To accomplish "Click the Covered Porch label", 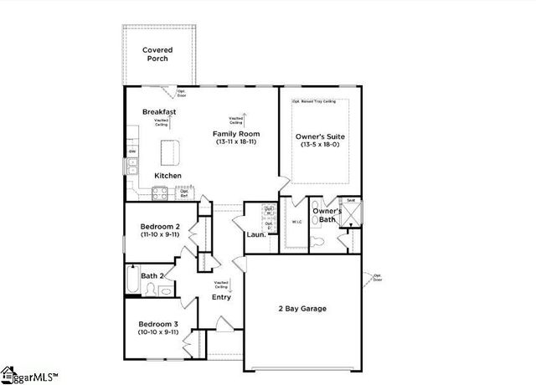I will pyautogui.click(x=157, y=54).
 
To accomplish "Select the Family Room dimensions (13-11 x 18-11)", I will pyautogui.click(x=235, y=143).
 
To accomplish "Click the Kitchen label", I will pyautogui.click(x=167, y=176).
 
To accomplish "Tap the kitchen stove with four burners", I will pyautogui.click(x=159, y=193).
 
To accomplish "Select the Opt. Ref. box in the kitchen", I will pyautogui.click(x=184, y=192).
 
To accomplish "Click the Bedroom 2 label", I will pyautogui.click(x=158, y=227).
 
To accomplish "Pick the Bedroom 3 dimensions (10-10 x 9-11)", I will pyautogui.click(x=158, y=332).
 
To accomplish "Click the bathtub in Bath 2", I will pyautogui.click(x=132, y=280).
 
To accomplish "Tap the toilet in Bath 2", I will pyautogui.click(x=151, y=290).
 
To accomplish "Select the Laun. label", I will pyautogui.click(x=256, y=235).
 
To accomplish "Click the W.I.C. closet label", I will pyautogui.click(x=296, y=223).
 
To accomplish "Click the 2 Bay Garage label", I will pyautogui.click(x=302, y=309).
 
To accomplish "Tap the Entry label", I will pyautogui.click(x=221, y=297).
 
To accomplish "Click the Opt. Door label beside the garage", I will pyautogui.click(x=377, y=277).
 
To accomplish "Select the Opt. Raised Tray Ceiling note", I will pyautogui.click(x=313, y=101).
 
